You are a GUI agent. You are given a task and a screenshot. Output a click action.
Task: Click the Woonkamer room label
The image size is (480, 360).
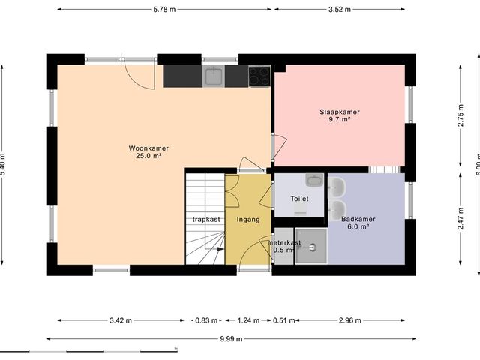tap(148, 148)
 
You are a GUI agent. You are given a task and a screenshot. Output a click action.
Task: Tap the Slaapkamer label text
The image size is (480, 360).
tap(339, 112)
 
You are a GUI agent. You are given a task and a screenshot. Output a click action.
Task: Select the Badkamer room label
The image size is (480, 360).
tap(358, 220)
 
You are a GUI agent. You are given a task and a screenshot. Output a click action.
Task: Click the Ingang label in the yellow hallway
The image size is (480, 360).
tap(247, 220)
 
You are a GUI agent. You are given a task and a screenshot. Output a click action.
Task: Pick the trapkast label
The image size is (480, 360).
tap(205, 220)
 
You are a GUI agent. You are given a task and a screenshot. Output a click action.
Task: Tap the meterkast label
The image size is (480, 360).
tap(284, 243)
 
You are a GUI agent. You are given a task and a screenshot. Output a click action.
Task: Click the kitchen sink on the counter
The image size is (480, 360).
tap(214, 75)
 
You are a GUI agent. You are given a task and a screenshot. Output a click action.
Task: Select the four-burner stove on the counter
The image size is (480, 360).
tap(259, 76)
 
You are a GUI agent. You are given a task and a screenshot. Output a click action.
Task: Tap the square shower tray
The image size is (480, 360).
tap(310, 247)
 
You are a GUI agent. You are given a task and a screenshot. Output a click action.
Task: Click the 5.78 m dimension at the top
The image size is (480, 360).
tap(163, 9)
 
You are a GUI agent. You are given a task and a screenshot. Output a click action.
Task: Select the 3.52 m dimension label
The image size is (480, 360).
tap(340, 9)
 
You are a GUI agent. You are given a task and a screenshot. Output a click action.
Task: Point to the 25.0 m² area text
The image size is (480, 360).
tap(148, 157)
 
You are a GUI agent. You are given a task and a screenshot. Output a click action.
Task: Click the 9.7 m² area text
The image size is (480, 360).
tap(339, 120)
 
